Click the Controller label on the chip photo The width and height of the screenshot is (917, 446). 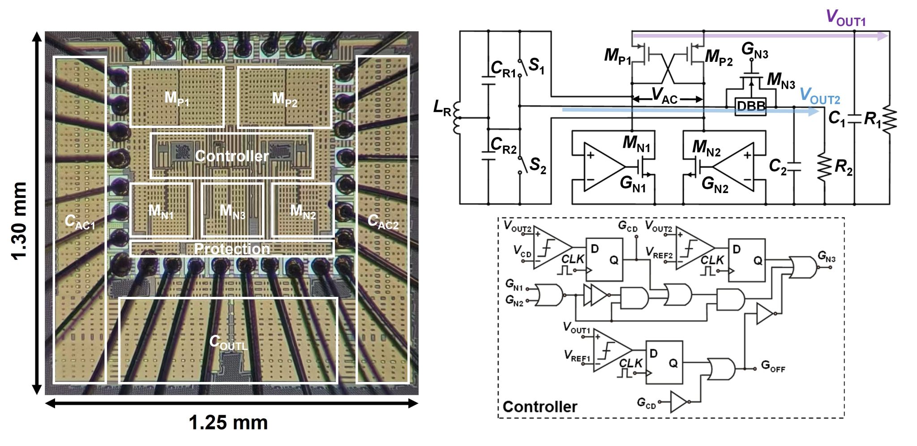pyautogui.click(x=231, y=156)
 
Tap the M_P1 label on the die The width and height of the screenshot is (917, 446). pyautogui.click(x=177, y=98)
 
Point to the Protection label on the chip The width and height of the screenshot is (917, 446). pyautogui.click(x=232, y=249)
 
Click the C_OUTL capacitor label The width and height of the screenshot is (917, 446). pyautogui.click(x=228, y=343)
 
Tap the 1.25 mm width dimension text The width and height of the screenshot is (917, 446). pyautogui.click(x=228, y=422)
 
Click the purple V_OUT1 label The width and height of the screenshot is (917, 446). pyautogui.click(x=845, y=18)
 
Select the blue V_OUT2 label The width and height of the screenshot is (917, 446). pyautogui.click(x=819, y=96)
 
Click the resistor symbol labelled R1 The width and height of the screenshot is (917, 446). pyautogui.click(x=889, y=119)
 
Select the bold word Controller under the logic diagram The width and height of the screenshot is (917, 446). pyautogui.click(x=540, y=407)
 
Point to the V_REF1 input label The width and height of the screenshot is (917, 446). pyautogui.click(x=577, y=356)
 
